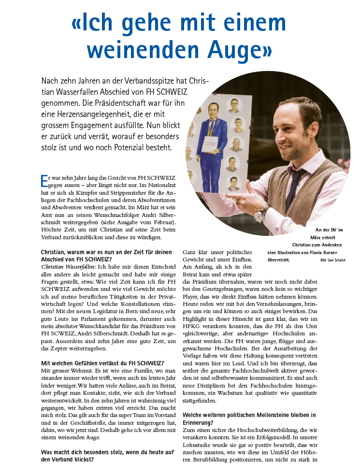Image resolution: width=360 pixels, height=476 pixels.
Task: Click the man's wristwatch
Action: click(x=263, y=211)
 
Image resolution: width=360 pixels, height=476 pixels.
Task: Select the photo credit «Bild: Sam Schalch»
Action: click(x=333, y=260)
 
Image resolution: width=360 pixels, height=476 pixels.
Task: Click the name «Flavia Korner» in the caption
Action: click(x=326, y=252)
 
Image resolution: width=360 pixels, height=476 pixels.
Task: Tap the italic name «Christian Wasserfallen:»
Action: click(x=69, y=266)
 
